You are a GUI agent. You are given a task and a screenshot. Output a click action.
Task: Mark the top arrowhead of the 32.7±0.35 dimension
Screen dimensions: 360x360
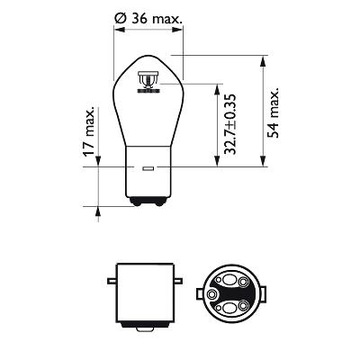(217, 87)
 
